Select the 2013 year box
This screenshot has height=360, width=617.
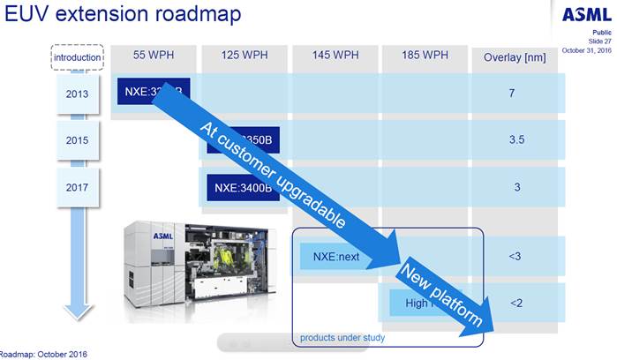point(76,93)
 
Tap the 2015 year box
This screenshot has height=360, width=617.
point(76,139)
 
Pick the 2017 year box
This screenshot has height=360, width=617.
point(76,187)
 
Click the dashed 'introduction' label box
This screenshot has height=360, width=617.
point(76,58)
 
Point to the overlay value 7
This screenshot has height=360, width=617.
point(512,93)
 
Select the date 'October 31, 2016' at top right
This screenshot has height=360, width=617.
point(588,49)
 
